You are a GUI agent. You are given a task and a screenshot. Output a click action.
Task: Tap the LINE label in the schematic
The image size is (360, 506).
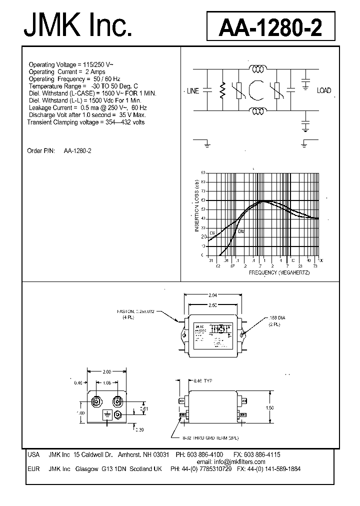point(192,91)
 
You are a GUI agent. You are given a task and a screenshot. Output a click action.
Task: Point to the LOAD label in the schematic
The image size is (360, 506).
point(324,90)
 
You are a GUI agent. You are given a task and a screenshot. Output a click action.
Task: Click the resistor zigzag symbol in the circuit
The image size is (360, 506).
point(223,91)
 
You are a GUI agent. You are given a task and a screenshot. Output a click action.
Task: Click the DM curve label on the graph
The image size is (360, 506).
point(240,231)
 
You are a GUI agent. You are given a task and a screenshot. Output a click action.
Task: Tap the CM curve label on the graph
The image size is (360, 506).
point(212,233)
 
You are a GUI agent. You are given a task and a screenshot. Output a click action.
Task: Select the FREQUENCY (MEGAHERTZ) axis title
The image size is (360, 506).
point(279,272)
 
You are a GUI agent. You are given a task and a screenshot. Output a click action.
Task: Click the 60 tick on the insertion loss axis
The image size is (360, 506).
point(203,200)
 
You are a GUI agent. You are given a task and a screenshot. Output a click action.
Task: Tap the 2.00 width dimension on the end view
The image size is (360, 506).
point(106,372)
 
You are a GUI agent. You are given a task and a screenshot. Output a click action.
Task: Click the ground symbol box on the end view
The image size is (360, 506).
point(106,415)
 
